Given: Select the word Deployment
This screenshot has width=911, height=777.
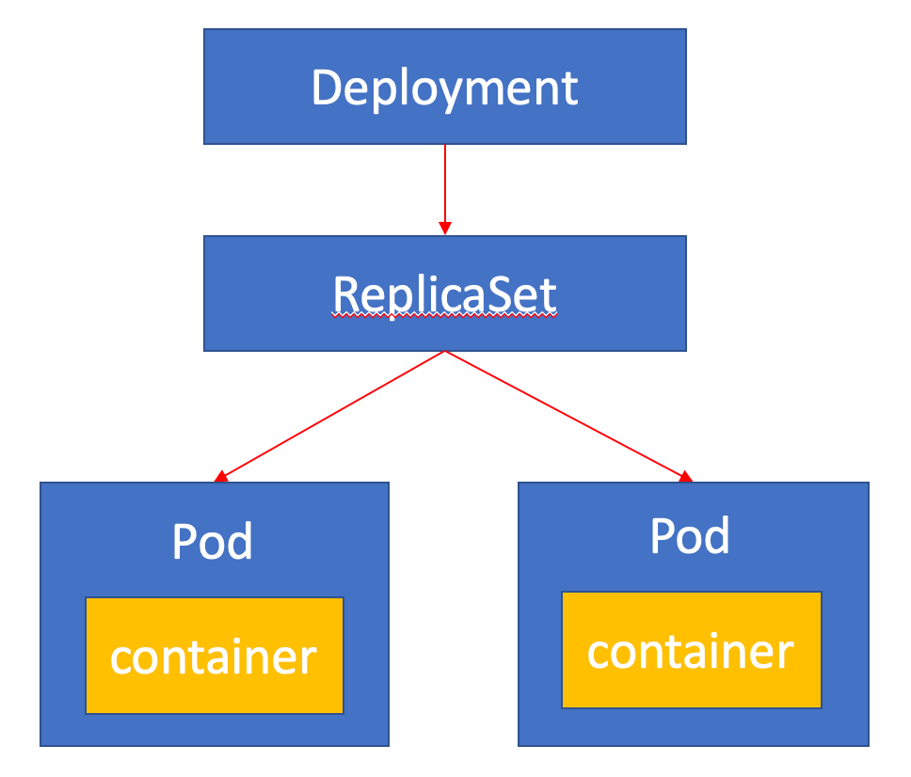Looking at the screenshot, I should pos(444,87).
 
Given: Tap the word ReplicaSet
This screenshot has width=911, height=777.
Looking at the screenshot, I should pos(444,294).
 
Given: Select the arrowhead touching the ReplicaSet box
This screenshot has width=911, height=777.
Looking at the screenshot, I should pos(445,229).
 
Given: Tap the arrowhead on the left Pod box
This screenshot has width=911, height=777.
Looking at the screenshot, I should pos(221,476).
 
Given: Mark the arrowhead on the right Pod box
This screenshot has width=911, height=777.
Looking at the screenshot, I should pos(686,476).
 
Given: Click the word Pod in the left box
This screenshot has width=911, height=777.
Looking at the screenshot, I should pos(213,542).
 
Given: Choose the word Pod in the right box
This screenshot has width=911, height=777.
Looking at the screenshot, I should pos(690,536).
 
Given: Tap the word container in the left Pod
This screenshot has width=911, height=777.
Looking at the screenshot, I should pos(214,658).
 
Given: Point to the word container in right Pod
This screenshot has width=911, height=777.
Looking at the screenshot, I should pos(691,651).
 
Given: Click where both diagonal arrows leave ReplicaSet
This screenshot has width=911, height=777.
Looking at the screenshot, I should pos(445,353).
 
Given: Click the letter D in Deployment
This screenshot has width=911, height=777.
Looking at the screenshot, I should pos(327,87).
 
